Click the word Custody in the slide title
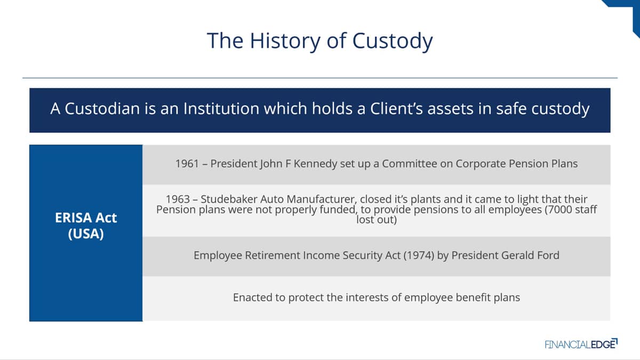pos(393,41)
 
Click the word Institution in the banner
pos(221,109)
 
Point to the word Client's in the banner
pos(396,109)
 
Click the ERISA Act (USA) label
pos(86,226)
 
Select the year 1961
pos(187,164)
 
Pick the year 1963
pos(178,199)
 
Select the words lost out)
pos(377,220)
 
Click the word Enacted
pos(253,298)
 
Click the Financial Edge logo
pos(581,344)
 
